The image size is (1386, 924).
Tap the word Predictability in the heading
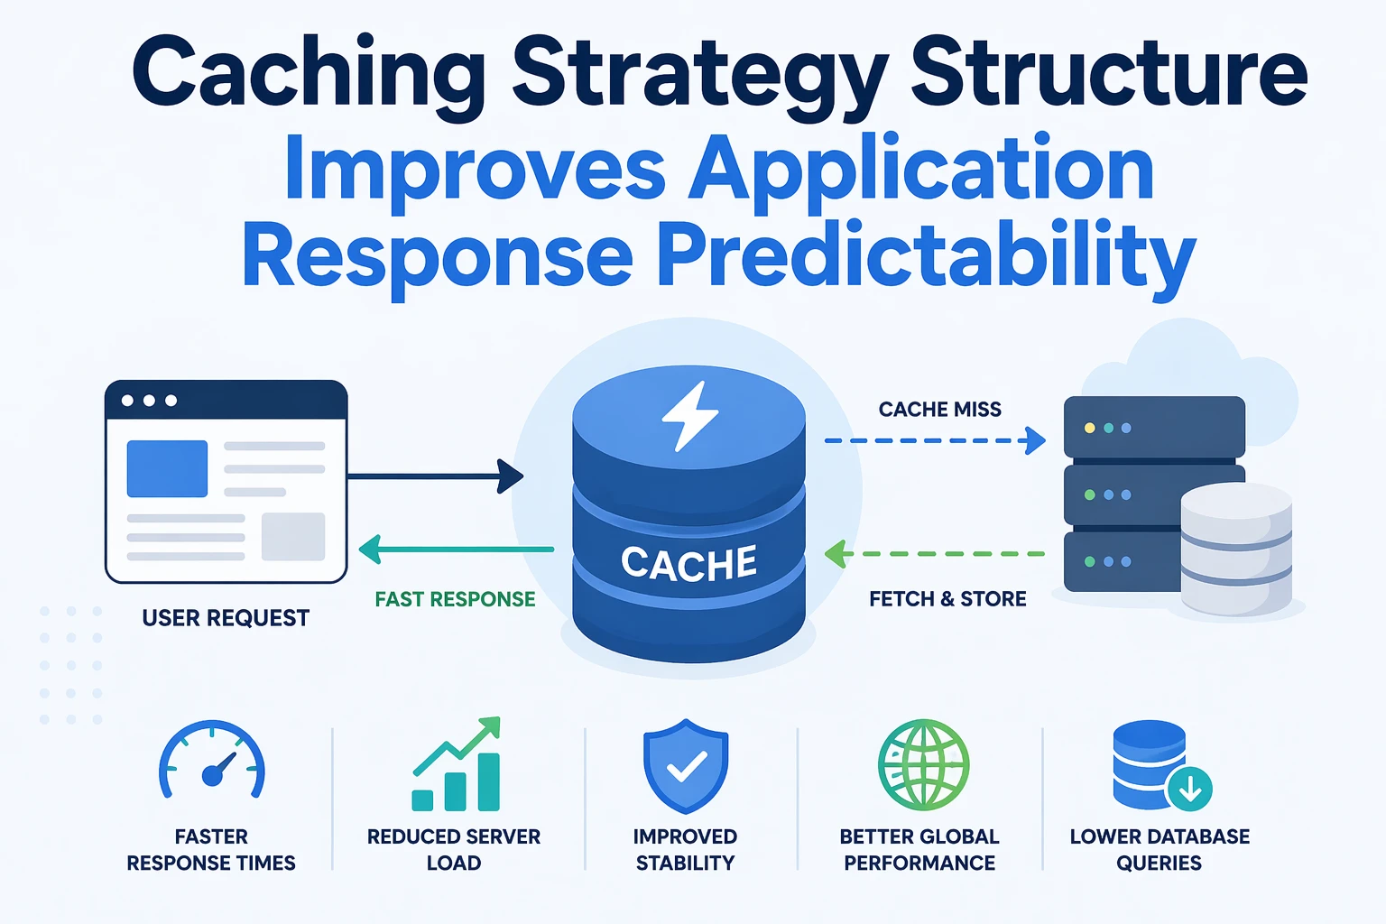(x=926, y=256)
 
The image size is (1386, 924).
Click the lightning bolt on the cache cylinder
(x=689, y=416)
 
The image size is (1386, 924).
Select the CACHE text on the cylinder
(x=688, y=564)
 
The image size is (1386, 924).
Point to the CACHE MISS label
(x=939, y=410)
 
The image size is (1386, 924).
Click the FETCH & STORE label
(x=947, y=599)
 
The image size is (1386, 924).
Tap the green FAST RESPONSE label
(x=455, y=599)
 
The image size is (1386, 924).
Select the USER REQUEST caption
(x=226, y=618)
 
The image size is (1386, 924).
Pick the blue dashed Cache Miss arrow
(x=934, y=441)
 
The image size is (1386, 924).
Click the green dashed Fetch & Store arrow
(x=934, y=553)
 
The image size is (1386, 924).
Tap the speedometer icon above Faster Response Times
(x=212, y=763)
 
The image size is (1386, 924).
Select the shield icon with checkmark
(x=686, y=766)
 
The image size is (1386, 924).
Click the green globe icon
(x=923, y=764)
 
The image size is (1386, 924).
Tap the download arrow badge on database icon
(x=1189, y=789)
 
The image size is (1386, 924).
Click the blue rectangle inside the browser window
(x=167, y=468)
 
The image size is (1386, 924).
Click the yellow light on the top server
(x=1089, y=428)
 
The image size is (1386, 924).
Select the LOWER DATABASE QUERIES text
(x=1160, y=849)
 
